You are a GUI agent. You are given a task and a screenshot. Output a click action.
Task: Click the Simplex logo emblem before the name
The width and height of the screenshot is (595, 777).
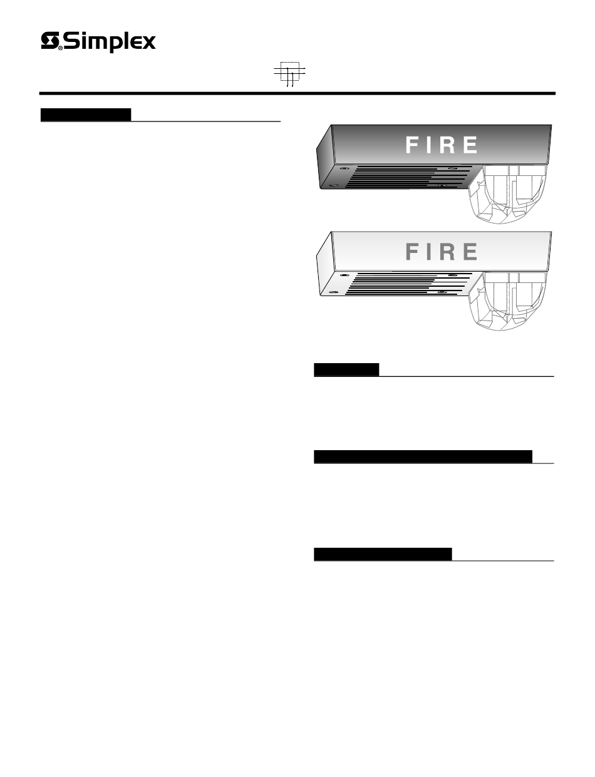[49, 41]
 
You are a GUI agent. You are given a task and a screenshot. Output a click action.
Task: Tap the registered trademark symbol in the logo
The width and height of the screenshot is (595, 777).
[60, 48]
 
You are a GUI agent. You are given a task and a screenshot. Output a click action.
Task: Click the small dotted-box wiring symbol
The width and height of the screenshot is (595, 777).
[289, 75]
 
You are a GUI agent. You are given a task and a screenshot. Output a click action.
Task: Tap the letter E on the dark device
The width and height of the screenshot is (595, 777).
[470, 145]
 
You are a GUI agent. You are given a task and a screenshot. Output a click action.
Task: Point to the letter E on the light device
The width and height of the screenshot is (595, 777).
[470, 251]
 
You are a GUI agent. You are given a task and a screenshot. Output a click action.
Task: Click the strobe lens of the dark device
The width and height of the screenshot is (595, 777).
[508, 194]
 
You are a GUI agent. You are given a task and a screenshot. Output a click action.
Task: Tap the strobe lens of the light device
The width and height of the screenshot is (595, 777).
[508, 301]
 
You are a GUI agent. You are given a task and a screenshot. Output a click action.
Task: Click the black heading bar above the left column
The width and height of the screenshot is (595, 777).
[86, 115]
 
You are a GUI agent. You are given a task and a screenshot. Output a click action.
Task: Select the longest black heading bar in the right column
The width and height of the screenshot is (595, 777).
[423, 456]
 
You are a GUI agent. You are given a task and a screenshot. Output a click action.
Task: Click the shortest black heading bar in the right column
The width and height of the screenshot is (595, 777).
[346, 370]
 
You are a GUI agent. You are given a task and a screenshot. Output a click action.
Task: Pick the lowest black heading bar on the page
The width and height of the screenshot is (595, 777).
[383, 554]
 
